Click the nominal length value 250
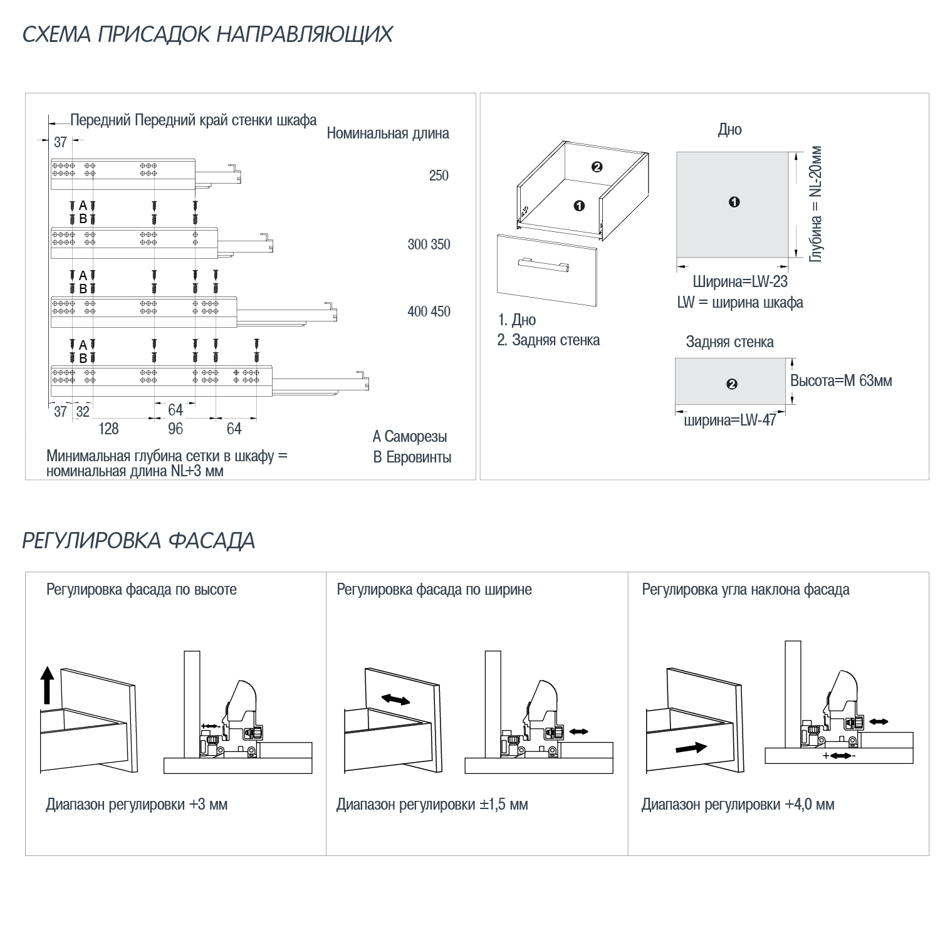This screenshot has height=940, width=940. pos(439,175)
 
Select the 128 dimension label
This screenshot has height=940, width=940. pos(108,429)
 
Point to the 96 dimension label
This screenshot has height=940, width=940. pos(175,429)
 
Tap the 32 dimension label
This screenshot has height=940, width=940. pos(83,412)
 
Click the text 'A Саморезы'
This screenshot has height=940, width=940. pos(410,437)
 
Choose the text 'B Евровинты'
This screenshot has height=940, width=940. pos(412,457)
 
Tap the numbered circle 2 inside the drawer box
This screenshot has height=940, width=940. pos(597,167)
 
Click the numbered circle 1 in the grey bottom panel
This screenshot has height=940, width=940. pos(734,202)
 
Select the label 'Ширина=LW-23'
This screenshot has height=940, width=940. pos(740,283)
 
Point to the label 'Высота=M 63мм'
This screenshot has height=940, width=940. pos(840,381)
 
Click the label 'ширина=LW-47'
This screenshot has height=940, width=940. pos(729,420)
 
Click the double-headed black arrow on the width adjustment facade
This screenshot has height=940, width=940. pos(395,700)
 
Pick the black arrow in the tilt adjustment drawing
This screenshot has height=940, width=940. pos(692,748)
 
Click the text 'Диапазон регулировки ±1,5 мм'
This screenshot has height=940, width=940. pos(432,805)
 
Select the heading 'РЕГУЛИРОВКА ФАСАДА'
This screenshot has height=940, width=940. pos(138,541)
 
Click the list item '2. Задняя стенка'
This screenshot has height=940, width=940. pos(548,340)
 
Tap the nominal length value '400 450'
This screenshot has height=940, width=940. pos(429,311)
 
